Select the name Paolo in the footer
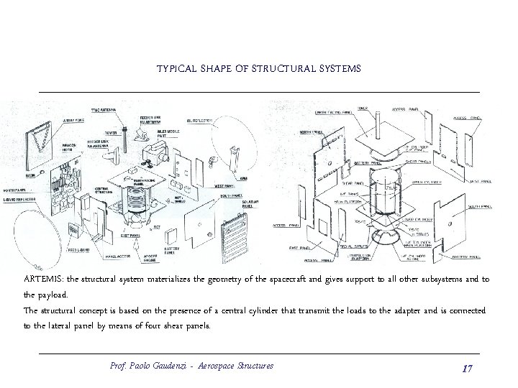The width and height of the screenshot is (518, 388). pyautogui.click(x=145, y=366)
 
